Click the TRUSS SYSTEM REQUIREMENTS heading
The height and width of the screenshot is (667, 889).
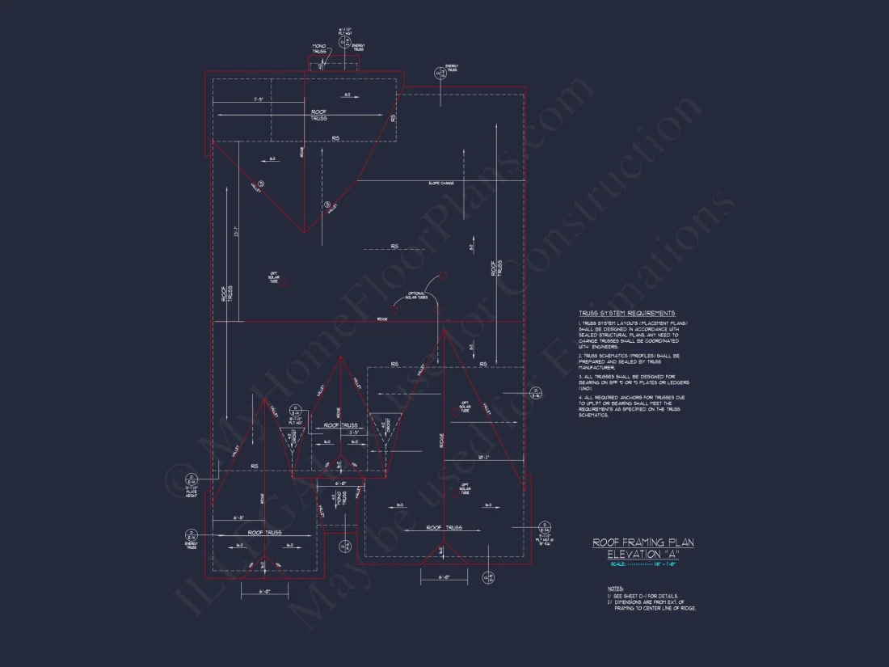626,313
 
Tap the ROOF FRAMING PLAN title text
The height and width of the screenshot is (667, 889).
643,542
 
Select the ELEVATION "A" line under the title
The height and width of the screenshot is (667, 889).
643,554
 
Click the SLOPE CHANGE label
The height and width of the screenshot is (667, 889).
440,184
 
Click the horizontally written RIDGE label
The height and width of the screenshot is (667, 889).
381,319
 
